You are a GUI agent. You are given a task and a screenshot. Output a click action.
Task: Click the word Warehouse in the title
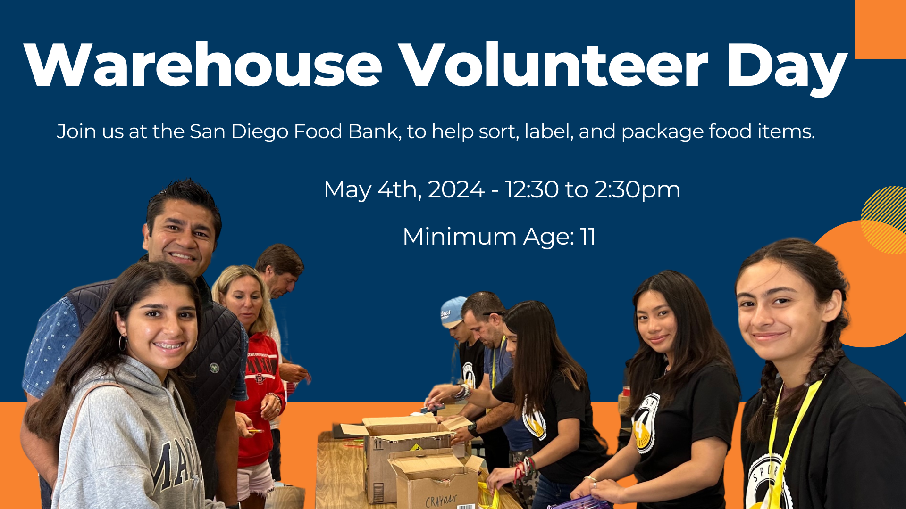pos(203,65)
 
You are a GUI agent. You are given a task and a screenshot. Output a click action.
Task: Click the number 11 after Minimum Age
pos(588,236)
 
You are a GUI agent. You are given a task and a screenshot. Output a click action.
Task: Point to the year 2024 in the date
pos(456,189)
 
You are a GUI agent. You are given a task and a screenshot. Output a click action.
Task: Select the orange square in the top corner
pos(881,29)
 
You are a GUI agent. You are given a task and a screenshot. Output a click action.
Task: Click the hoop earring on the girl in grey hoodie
pos(123,343)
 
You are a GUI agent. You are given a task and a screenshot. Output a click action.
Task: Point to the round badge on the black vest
pos(215,368)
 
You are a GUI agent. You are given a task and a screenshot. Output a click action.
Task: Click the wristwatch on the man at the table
pos(472,429)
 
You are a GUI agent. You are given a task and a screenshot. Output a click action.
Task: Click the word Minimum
pos(460,236)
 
